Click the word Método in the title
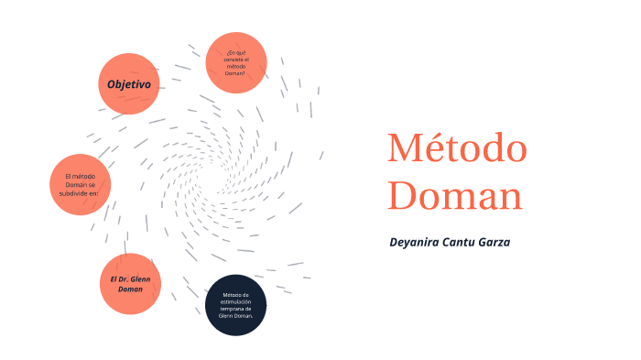(457, 148)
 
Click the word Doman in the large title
(454, 195)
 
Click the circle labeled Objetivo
(129, 84)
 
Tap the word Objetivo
(129, 84)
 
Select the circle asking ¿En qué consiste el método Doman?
(236, 62)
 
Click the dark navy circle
(235, 304)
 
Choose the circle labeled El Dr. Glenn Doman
(130, 283)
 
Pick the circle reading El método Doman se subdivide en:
(80, 184)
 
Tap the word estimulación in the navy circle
(235, 301)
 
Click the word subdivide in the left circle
(81, 193)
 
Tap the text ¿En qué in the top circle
(235, 52)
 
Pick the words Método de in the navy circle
(235, 294)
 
